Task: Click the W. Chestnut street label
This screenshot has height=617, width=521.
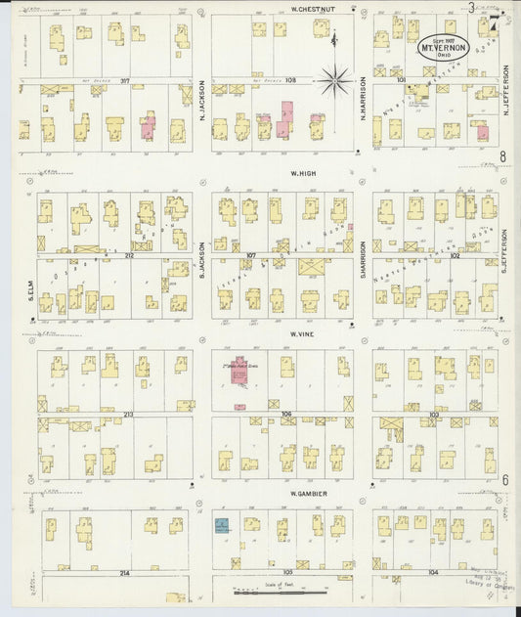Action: [313, 9]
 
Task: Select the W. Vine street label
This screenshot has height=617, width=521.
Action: [299, 334]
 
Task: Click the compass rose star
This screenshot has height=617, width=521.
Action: [336, 78]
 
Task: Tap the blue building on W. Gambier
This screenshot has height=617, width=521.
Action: [222, 526]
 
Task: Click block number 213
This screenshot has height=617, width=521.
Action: [129, 415]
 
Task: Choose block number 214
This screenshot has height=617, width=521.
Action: [124, 572]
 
